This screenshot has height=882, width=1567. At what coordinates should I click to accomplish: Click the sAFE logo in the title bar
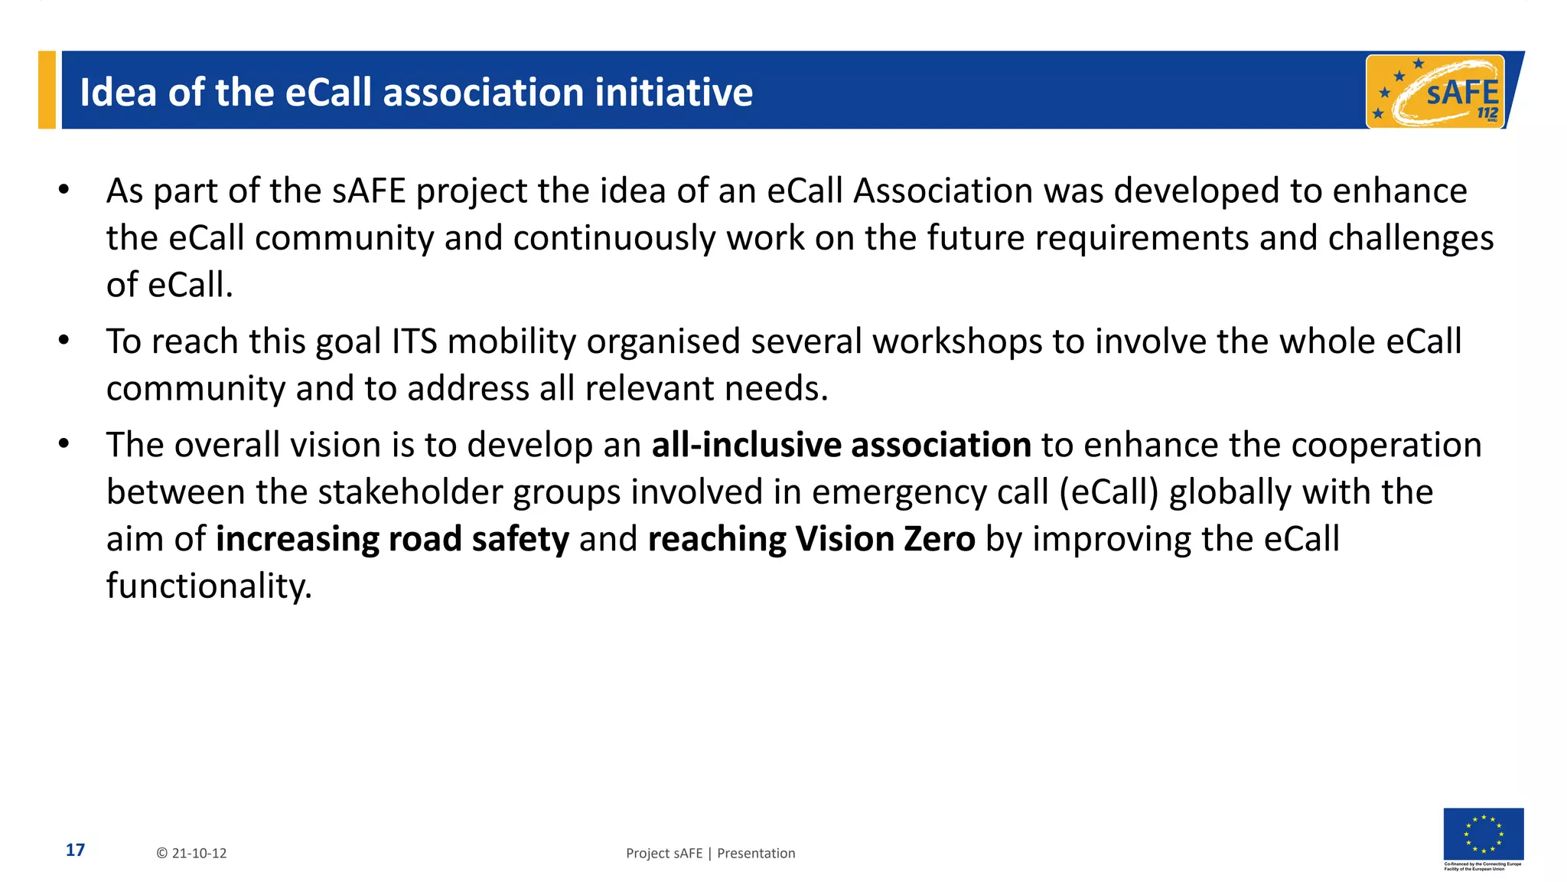coord(1435,92)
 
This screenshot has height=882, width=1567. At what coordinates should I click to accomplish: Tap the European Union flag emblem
coord(1483,834)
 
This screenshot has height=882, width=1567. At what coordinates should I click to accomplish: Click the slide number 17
coord(75,850)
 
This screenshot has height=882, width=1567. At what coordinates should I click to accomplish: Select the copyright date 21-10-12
coord(192,853)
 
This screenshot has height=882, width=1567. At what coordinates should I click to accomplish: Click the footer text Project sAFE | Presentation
coord(710,853)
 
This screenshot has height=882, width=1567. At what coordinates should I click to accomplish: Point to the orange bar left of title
coord(47,90)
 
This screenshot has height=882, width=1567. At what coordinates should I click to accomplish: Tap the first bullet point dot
coord(64,189)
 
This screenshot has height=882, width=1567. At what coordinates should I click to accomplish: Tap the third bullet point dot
coord(64,443)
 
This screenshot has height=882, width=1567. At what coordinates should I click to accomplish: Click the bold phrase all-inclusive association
coord(841,445)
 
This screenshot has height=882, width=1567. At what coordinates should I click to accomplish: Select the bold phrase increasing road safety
coord(393,539)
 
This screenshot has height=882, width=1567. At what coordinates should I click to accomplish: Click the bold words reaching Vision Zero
coord(811,539)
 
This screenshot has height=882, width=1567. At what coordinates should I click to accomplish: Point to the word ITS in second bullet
coord(414,341)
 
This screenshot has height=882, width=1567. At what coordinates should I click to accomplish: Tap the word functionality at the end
coord(208,586)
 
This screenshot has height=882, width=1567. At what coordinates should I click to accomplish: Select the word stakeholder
coord(410,492)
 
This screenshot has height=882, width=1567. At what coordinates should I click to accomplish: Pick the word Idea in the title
coord(118,92)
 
